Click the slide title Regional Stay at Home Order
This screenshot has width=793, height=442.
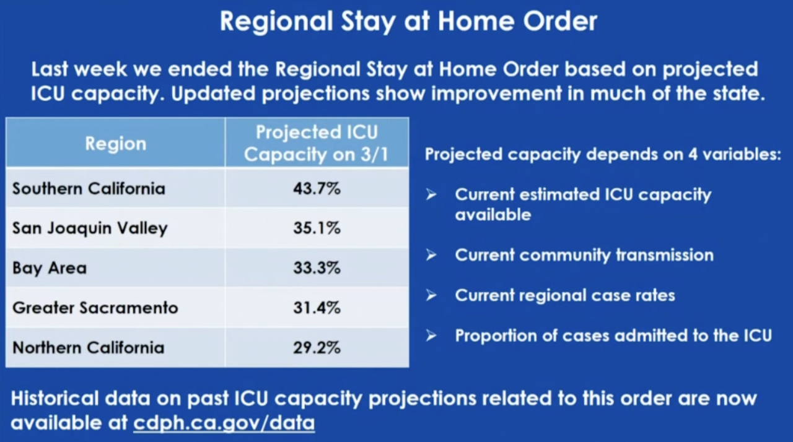pyautogui.click(x=408, y=22)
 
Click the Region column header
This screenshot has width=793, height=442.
pyautogui.click(x=115, y=144)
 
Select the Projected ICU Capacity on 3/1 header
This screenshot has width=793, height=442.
pyautogui.click(x=317, y=143)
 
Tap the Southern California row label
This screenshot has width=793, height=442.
pyautogui.click(x=89, y=188)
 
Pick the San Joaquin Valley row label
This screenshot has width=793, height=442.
pyautogui.click(x=90, y=228)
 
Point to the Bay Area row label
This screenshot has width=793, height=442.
pyautogui.click(x=50, y=268)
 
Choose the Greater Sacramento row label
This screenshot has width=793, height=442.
pyautogui.click(x=95, y=308)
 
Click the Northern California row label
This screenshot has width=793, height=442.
pyautogui.click(x=89, y=347)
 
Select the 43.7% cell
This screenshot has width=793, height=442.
pyautogui.click(x=317, y=188)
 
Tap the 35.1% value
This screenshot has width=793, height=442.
pyautogui.click(x=317, y=228)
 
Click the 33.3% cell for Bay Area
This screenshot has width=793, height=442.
pyautogui.click(x=317, y=268)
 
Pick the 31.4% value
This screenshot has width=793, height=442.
pyautogui.click(x=317, y=308)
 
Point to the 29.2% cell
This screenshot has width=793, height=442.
pyautogui.click(x=317, y=347)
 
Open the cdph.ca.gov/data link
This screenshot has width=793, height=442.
pyautogui.click(x=224, y=423)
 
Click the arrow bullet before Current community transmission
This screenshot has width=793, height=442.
pyautogui.click(x=432, y=255)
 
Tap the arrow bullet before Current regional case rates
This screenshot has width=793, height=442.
pyautogui.click(x=432, y=295)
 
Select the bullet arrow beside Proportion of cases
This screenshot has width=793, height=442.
pyautogui.click(x=432, y=336)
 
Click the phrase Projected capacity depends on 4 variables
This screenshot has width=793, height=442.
pyautogui.click(x=602, y=154)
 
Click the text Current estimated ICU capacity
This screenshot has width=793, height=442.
pyautogui.click(x=583, y=194)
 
